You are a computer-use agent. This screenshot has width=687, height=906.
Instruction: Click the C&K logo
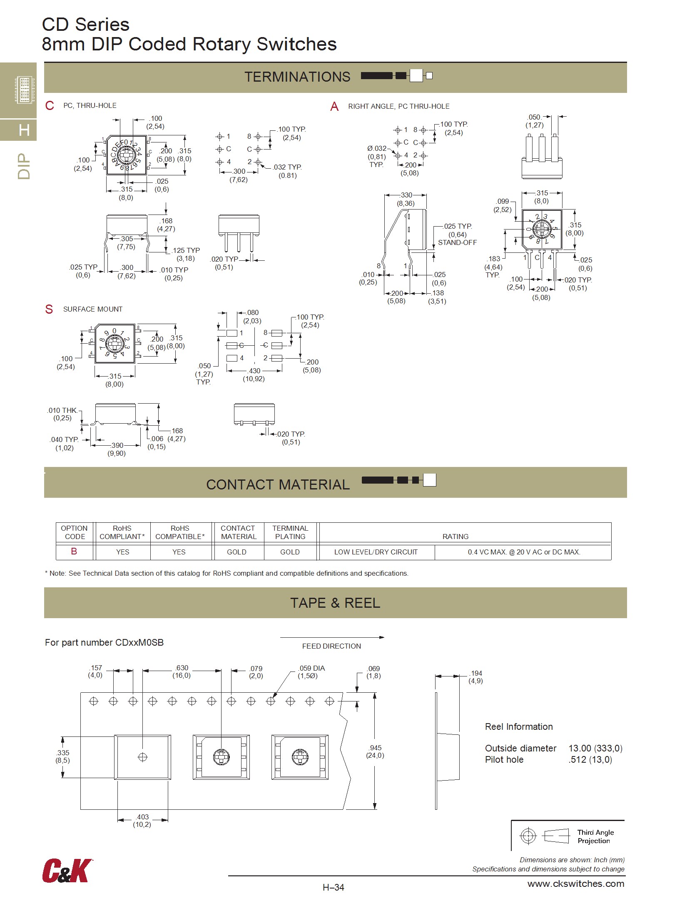pyautogui.click(x=66, y=870)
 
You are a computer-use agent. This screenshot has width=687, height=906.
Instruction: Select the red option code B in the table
pyautogui.click(x=74, y=551)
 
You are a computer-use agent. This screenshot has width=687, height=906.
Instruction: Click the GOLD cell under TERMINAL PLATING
pyautogui.click(x=290, y=552)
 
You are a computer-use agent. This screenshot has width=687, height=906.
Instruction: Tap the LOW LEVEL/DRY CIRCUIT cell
pyautogui.click(x=376, y=552)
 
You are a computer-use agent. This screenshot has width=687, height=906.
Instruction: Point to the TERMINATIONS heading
pyautogui.click(x=297, y=77)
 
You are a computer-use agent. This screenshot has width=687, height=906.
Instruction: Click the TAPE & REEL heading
pyautogui.click(x=335, y=603)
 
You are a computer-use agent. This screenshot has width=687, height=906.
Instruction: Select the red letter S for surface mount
pyautogui.click(x=49, y=309)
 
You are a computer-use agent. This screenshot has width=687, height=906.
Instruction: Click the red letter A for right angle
pyautogui.click(x=334, y=107)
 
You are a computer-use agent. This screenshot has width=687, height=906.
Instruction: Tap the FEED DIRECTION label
pyautogui.click(x=331, y=646)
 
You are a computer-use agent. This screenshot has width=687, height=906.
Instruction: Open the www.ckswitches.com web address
pyautogui.click(x=575, y=884)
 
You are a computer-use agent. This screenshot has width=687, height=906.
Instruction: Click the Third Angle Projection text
pyautogui.click(x=595, y=836)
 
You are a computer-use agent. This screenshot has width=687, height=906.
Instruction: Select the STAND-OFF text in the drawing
pyautogui.click(x=457, y=242)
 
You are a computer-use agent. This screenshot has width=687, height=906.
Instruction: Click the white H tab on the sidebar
pyautogui.click(x=24, y=130)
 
